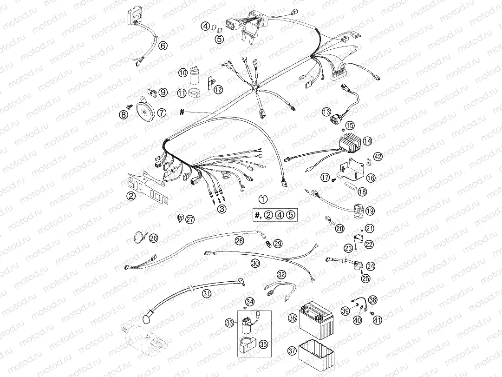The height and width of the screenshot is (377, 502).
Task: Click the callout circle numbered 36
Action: click(x=292, y=318)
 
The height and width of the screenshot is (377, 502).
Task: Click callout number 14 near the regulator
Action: click(x=368, y=140)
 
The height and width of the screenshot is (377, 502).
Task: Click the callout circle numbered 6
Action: click(x=163, y=46)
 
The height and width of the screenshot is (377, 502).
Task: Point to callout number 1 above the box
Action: click(x=263, y=200)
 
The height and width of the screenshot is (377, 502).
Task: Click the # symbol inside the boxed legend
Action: click(x=257, y=215)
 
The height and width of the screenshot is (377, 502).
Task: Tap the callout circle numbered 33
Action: click(x=229, y=322)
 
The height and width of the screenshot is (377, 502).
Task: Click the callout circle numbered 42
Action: click(x=378, y=157)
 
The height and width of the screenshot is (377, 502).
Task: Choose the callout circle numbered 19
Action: click(x=370, y=211)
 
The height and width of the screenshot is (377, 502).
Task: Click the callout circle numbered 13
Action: click(x=326, y=112)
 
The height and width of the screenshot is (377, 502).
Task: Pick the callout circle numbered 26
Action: click(x=154, y=238)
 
